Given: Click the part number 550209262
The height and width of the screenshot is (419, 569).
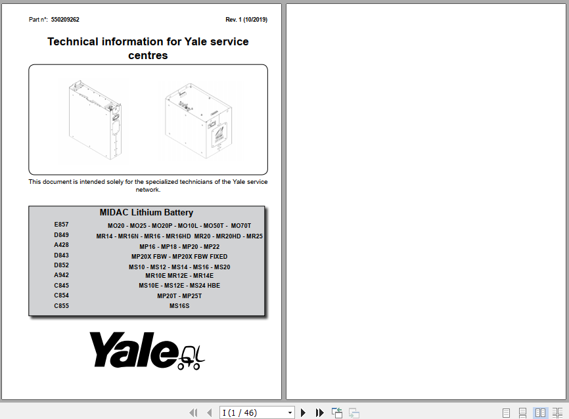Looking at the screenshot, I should click(65, 20).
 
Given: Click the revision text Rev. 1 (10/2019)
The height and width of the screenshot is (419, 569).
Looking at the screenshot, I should click(246, 20).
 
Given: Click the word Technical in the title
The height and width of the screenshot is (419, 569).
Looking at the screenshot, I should click(72, 41).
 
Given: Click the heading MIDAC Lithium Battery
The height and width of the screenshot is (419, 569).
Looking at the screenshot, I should click(147, 213).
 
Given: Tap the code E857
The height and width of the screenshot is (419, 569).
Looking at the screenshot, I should click(61, 225).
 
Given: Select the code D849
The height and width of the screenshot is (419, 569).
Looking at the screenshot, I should click(61, 235).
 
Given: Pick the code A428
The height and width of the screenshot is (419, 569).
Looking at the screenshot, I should click(61, 245).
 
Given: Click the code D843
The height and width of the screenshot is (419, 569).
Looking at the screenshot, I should click(61, 255).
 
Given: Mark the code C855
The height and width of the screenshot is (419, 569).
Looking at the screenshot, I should click(61, 306).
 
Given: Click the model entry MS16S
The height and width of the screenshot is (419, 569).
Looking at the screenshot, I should click(179, 306).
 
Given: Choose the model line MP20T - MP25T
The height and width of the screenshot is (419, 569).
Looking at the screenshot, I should click(179, 296).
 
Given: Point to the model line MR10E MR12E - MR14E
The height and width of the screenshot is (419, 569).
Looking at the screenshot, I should click(179, 276).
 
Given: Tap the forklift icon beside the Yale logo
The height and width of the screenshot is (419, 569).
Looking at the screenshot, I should click(192, 356).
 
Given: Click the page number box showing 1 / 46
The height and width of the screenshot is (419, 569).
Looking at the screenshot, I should click(253, 412).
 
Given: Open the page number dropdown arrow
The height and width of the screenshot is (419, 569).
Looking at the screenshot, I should click(290, 412).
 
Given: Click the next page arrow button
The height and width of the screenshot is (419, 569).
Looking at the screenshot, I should click(304, 412).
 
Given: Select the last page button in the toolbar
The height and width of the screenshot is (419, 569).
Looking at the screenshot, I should click(320, 412).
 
